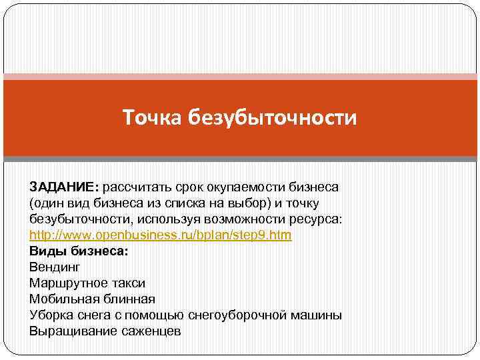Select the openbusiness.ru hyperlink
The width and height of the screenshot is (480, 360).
(x=161, y=236)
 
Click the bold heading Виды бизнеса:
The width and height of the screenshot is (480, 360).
(x=79, y=251)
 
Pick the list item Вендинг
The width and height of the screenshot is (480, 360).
(x=55, y=267)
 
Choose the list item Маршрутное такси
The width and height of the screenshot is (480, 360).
(x=87, y=283)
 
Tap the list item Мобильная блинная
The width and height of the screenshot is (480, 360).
(x=92, y=299)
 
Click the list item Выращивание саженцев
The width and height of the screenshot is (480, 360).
(x=105, y=331)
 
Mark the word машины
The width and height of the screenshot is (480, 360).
(x=319, y=315)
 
